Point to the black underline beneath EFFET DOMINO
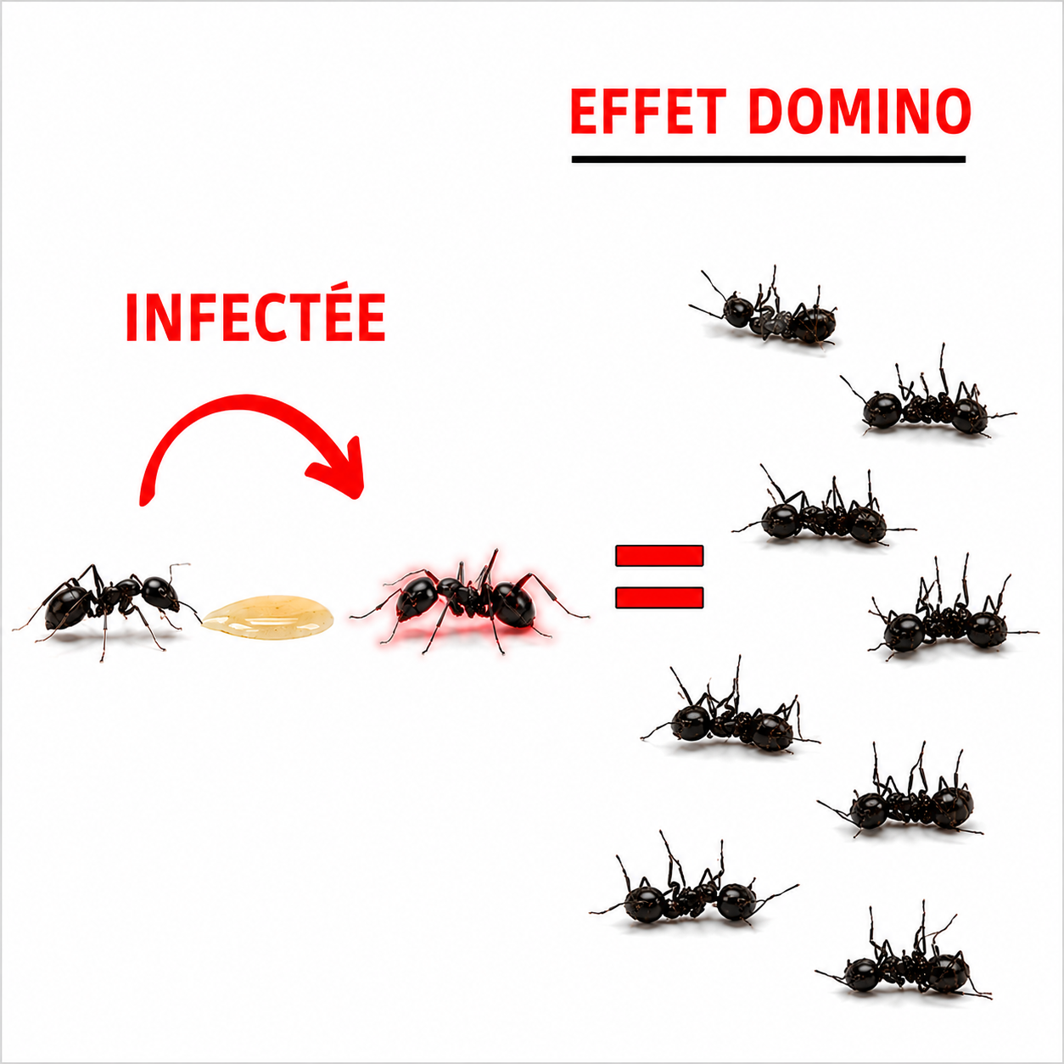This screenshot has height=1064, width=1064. coord(769,159)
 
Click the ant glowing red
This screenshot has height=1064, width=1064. coord(469,602)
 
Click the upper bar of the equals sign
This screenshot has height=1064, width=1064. coord(659,555)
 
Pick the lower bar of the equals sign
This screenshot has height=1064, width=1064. coord(659,596)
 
